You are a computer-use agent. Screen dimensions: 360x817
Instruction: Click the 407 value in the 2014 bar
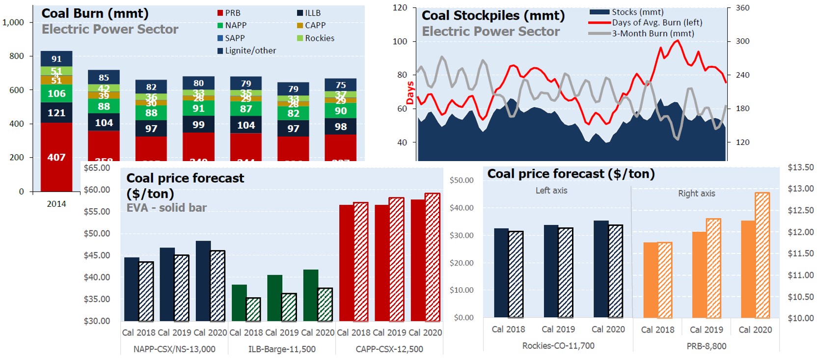[x=56, y=158]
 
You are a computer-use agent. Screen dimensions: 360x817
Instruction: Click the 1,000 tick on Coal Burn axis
[x=13, y=22]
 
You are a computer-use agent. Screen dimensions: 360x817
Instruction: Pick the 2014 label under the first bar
[x=56, y=204]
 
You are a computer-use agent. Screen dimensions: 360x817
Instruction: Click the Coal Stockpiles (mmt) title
[x=493, y=16]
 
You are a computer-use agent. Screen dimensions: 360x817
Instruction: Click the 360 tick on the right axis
[x=742, y=8]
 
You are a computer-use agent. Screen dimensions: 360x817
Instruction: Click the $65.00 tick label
[x=97, y=168]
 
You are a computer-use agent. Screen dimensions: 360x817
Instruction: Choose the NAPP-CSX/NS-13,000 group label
[x=174, y=349]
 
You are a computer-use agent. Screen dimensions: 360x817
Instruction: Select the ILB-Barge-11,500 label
[x=282, y=349]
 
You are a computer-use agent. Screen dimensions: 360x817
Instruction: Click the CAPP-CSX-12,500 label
[x=389, y=349]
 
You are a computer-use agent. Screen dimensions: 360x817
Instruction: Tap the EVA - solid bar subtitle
[x=166, y=208]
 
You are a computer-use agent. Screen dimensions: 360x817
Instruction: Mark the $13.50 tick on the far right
[x=800, y=167]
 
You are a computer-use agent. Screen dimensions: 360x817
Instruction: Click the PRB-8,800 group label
[x=706, y=346]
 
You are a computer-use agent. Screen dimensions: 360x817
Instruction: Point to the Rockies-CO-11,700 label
[x=558, y=346]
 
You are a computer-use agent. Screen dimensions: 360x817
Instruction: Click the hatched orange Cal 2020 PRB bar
[x=762, y=255]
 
